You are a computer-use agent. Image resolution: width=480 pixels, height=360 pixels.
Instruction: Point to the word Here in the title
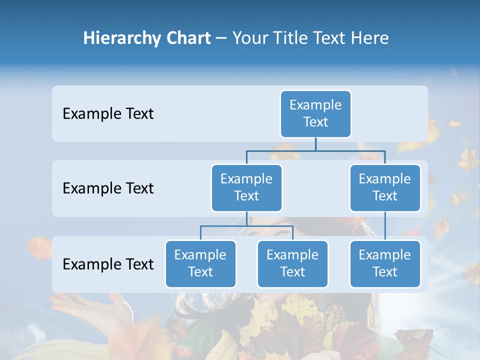pos(370,38)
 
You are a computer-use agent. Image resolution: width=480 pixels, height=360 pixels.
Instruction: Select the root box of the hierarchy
pos(315,113)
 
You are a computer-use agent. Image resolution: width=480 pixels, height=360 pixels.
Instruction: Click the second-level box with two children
pos(246,187)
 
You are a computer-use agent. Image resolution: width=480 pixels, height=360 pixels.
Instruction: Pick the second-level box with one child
pos(385,187)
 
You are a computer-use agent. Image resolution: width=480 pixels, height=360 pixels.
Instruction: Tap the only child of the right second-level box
pos(385,263)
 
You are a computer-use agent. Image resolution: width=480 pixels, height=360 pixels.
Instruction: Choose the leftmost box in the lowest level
pos(200,263)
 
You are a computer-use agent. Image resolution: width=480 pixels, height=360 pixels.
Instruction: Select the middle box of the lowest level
pos(292,263)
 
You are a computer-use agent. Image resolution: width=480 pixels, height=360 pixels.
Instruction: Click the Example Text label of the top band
pos(108,114)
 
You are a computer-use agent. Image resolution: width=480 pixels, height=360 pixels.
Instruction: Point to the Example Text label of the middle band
pos(108,188)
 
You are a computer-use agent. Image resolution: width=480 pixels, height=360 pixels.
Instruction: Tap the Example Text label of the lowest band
pos(108,264)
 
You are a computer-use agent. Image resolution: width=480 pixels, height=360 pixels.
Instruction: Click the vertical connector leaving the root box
pos(315,144)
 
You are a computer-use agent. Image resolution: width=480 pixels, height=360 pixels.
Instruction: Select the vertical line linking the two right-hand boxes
pos(385,226)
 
